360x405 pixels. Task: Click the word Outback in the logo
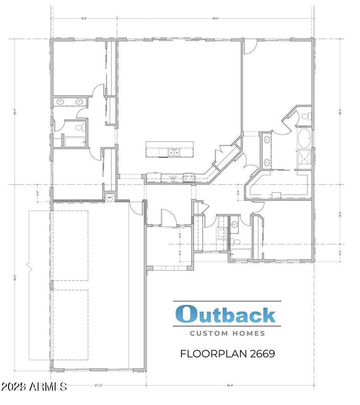point(226,314)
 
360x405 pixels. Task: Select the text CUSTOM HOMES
point(227,334)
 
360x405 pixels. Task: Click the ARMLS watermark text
point(34,387)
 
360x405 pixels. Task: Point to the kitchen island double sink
point(173,153)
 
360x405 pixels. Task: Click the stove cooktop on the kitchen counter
point(189,178)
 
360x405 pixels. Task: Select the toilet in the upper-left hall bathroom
point(80,128)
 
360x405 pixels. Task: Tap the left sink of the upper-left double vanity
point(61,102)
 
